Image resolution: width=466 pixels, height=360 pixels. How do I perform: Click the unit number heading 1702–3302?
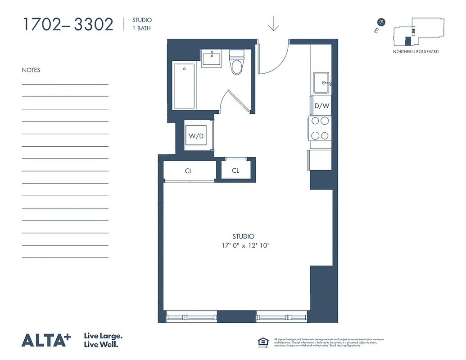click(68, 24)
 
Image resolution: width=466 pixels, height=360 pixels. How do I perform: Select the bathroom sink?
click(211, 59)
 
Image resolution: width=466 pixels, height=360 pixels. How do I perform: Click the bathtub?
click(184, 86)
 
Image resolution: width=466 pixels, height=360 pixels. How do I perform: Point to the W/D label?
click(196, 136)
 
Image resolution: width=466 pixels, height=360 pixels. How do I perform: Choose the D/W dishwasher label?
click(322, 106)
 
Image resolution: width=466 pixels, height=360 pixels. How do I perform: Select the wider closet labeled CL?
click(189, 171)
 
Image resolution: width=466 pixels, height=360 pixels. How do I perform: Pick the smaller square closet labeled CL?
click(235, 171)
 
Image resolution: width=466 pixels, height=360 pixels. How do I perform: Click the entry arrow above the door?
click(273, 24)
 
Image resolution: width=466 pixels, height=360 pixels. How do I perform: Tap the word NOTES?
click(31, 70)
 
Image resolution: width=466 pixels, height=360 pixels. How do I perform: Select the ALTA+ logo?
click(46, 340)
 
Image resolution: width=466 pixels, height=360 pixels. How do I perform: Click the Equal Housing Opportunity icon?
click(262, 342)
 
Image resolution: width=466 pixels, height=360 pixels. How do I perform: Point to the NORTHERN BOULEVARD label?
click(415, 52)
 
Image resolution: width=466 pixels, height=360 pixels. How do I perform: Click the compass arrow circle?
click(382, 22)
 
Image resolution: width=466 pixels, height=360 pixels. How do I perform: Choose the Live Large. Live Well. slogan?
click(103, 340)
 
